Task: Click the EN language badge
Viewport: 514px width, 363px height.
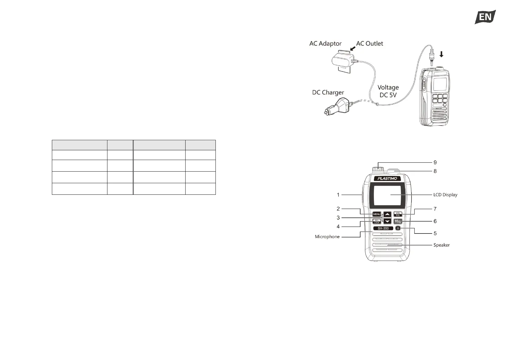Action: (x=485, y=17)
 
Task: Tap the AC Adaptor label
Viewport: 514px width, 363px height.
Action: (x=325, y=44)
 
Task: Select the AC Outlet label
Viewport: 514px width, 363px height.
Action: (x=369, y=44)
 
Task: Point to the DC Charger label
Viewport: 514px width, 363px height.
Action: (x=328, y=92)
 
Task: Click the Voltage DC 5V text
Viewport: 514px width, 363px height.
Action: (x=388, y=91)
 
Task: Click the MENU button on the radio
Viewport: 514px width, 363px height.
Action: (x=377, y=214)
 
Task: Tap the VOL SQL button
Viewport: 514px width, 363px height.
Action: (x=398, y=214)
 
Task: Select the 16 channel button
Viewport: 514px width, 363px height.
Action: (x=398, y=222)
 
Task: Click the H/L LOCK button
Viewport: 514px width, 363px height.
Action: (x=377, y=222)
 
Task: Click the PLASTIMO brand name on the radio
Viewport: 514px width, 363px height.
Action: (x=387, y=178)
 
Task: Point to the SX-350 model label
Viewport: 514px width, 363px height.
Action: (x=383, y=228)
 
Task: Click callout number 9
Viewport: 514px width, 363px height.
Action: (x=435, y=162)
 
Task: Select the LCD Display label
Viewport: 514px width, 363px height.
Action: (x=445, y=195)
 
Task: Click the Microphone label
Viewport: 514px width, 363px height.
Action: (x=327, y=237)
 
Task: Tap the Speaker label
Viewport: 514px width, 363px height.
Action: (x=441, y=245)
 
